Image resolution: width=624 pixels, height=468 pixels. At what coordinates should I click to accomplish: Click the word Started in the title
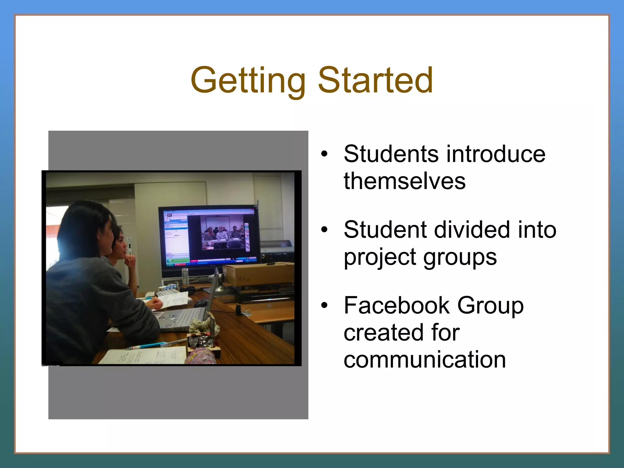tap(375, 80)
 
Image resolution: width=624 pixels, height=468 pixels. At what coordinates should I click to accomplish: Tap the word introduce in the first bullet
tap(496, 154)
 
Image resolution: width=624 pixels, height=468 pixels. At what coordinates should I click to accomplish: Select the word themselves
tap(405, 181)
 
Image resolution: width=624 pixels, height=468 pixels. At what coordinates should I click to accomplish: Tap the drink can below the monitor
tap(185, 276)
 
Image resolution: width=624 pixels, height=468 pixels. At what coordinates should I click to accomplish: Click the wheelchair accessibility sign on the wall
tap(129, 239)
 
